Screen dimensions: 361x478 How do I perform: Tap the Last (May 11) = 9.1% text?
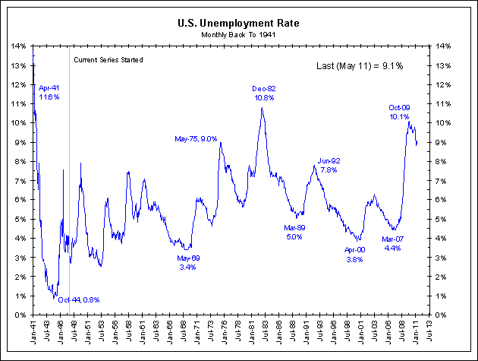pos(359,66)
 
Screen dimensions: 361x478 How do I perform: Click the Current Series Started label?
pos(108,59)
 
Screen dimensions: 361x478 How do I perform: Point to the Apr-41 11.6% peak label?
pos(49,93)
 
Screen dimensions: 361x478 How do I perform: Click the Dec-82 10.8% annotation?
pos(264,93)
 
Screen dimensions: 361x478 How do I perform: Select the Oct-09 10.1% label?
pos(399,112)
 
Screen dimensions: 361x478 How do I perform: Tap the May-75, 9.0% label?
pos(196,139)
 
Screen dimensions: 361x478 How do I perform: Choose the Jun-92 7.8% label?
pos(329,165)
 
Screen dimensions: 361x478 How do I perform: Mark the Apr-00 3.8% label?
pos(354,254)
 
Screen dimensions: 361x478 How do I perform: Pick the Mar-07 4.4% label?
pos(392,243)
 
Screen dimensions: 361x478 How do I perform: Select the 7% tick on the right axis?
pos(442,180)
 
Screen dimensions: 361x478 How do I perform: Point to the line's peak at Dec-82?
pos(262,108)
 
